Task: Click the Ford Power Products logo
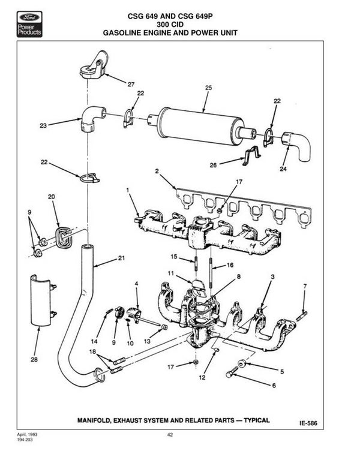(29, 24)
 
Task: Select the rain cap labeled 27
(92, 65)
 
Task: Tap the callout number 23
(43, 125)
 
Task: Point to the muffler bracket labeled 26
(251, 155)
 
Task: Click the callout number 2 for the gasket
(157, 171)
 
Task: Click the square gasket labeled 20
(64, 236)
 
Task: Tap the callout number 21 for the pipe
(121, 258)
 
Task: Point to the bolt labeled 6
(232, 372)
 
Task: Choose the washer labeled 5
(242, 363)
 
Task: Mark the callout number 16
(230, 265)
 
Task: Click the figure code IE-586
(308, 423)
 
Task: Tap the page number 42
(170, 435)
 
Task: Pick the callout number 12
(202, 377)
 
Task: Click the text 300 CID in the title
(170, 25)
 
